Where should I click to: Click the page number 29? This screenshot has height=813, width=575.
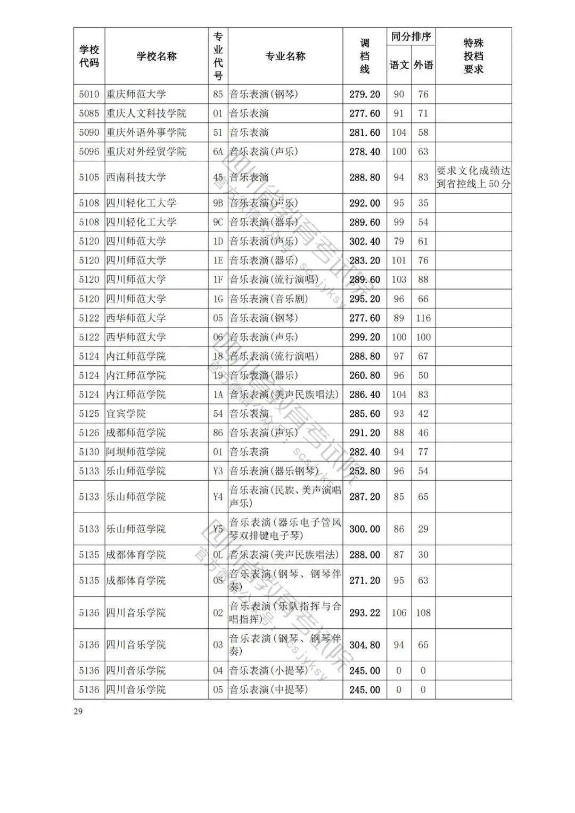78,711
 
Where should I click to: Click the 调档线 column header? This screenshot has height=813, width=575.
365,56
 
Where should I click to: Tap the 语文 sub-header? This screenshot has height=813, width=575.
399,65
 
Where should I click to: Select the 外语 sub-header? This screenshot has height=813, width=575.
423,65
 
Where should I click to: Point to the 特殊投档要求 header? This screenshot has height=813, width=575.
473,56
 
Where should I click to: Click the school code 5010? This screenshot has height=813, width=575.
89,94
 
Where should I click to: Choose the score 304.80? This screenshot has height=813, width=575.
365,645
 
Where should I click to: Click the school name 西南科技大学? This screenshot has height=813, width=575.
136,177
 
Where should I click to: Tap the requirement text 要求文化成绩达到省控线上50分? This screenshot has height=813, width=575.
473,177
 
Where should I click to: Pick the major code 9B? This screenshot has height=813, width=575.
218,203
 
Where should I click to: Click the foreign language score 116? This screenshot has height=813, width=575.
423,318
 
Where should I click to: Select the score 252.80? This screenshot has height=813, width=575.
365,471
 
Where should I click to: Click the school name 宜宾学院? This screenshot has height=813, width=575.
126,414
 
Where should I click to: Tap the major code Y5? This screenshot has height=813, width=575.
218,529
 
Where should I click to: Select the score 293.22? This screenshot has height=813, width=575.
365,613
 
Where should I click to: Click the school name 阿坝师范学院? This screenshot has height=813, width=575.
136,452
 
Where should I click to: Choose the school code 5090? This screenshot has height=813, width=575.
89,133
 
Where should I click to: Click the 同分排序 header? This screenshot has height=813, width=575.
410,37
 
